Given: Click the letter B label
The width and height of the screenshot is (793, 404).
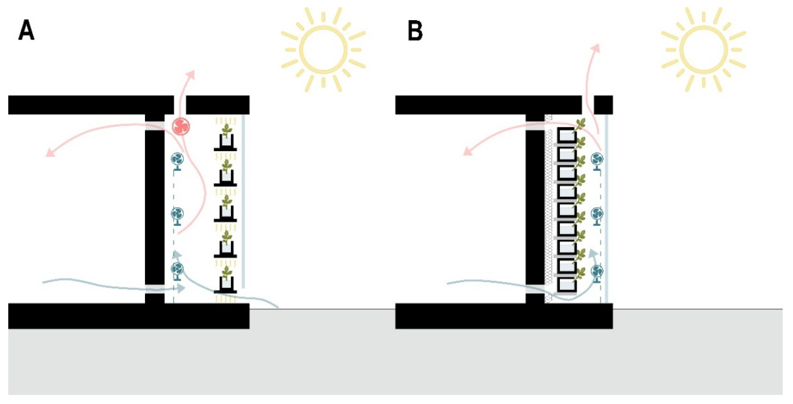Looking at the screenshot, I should click(x=415, y=32).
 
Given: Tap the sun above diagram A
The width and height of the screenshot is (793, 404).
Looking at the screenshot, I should click(x=323, y=49).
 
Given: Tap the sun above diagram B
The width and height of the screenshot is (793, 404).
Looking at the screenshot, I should click(x=703, y=49).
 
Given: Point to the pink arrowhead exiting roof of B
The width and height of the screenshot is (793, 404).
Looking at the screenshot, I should click(x=597, y=48).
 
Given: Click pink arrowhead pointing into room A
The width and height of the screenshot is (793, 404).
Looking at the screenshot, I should click(x=49, y=153).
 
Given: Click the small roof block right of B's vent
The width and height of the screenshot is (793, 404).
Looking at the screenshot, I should click(x=603, y=105).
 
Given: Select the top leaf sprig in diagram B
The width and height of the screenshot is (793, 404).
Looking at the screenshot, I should click(x=579, y=125).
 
